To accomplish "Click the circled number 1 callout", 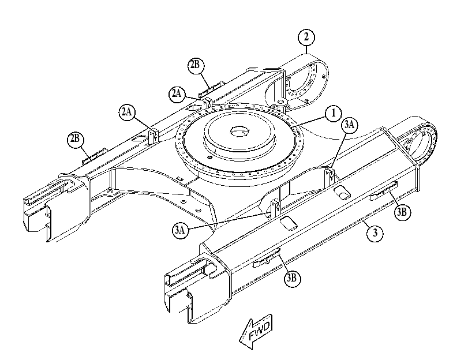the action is [333, 114].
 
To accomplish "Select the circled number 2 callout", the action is [306, 37].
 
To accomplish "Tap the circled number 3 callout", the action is [375, 232].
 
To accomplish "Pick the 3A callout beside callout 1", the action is [350, 125].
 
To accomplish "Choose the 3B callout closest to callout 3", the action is [402, 212].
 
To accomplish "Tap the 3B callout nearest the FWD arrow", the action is [292, 278].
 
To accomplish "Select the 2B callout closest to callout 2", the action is [196, 65].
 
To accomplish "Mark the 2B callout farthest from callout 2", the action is [75, 140].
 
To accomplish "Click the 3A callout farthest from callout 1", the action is [181, 230].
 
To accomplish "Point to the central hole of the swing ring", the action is [239, 131].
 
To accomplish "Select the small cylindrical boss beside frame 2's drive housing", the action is [280, 104].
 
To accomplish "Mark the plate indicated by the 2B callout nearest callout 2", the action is [210, 89].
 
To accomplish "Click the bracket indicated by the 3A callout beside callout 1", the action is [329, 178].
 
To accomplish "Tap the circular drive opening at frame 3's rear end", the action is [420, 142].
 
